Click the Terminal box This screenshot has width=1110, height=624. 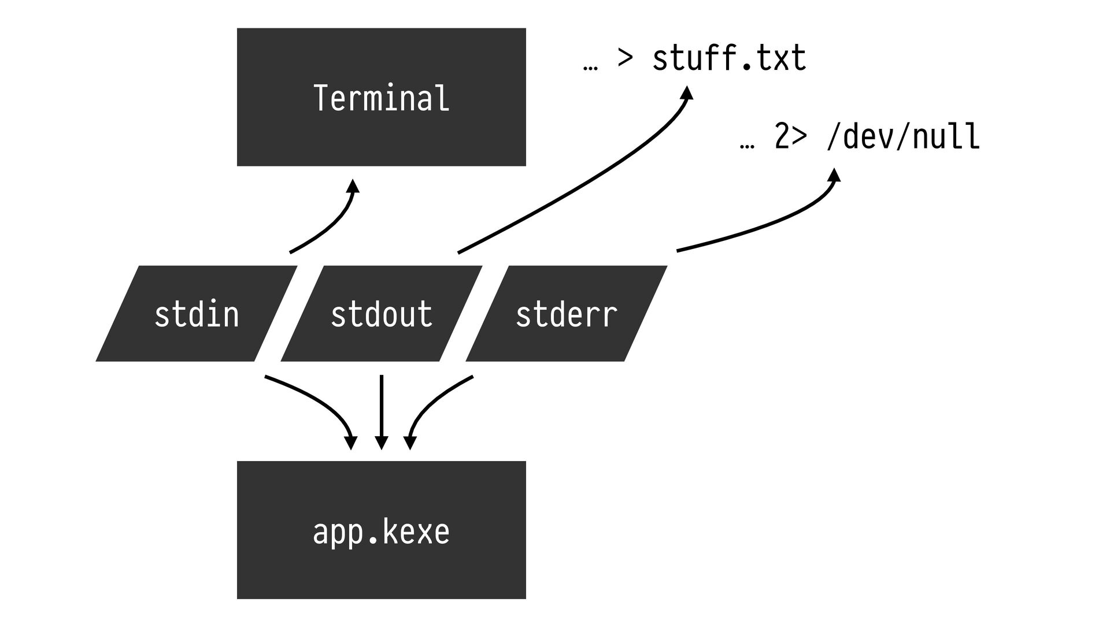point(382,97)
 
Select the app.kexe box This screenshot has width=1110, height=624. point(382,530)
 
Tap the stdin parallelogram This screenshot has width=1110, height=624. point(197,314)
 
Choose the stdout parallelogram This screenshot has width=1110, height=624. point(382,314)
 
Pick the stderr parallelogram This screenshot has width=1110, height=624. point(567,314)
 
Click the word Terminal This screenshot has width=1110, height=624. point(381,98)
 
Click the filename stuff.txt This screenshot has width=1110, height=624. point(729,58)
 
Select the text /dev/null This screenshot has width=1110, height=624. point(903,137)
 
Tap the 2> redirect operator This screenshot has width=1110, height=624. point(790,137)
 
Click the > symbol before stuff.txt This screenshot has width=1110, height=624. point(626,58)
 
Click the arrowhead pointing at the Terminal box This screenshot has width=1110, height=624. point(353,185)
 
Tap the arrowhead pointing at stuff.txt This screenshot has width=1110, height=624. point(686,92)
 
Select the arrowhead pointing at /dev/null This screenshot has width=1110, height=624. point(834,174)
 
